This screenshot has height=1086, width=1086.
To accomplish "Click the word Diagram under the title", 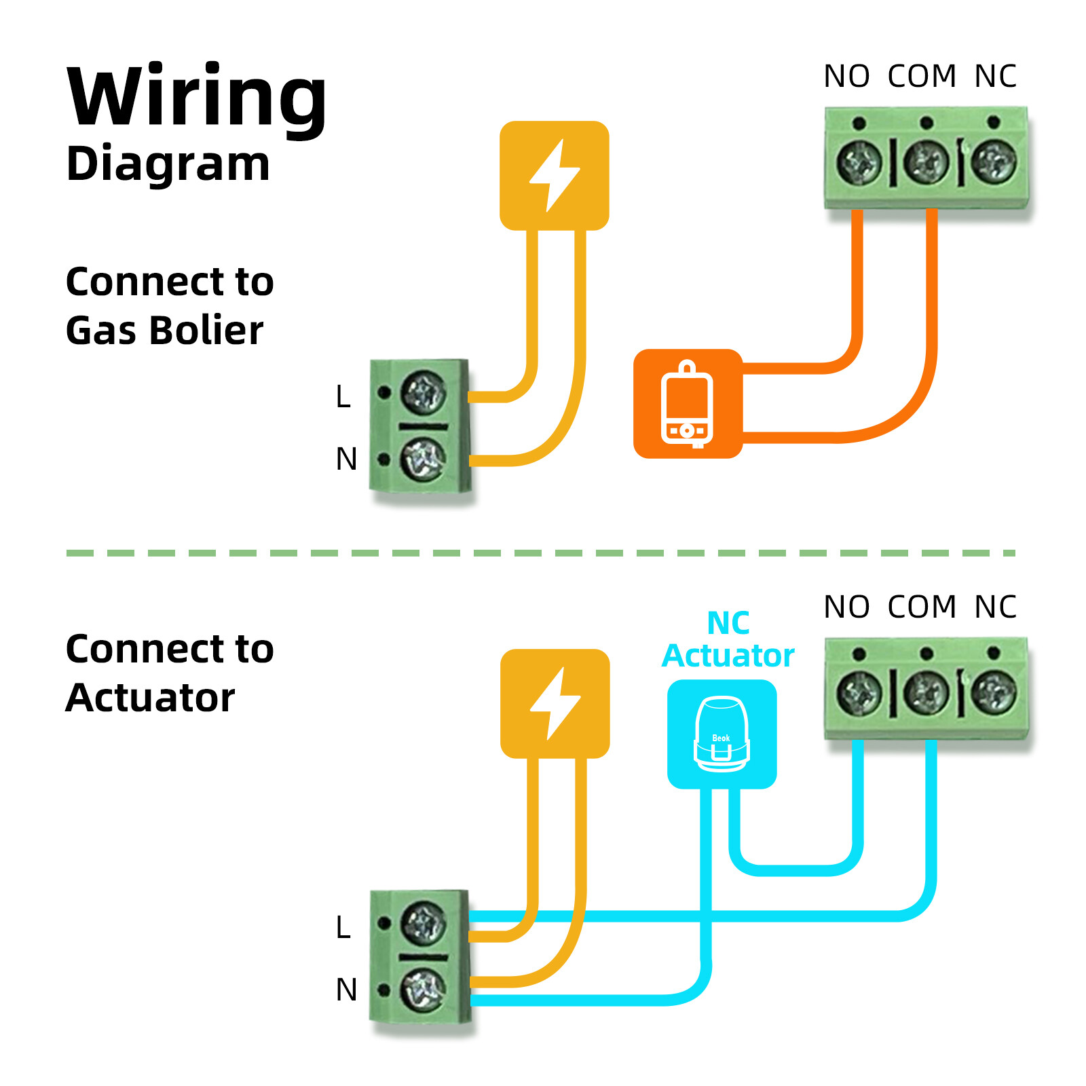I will (168, 164).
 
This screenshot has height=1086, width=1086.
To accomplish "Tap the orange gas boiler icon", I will (688, 404).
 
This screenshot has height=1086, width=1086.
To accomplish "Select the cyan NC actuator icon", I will (722, 734).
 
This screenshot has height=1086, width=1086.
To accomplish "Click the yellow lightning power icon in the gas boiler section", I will (554, 175).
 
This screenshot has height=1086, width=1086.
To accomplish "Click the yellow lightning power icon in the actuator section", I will (555, 703).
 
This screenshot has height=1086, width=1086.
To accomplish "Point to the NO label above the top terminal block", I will (846, 77).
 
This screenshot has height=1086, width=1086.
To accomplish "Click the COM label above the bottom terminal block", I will (922, 607).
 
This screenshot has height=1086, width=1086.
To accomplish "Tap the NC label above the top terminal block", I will (995, 77).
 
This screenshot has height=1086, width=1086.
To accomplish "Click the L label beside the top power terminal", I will (343, 396).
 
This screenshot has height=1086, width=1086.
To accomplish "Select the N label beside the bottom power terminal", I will (346, 990).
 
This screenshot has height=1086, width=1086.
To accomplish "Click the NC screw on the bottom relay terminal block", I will (994, 692).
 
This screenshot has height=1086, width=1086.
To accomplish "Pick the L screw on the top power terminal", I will (424, 393).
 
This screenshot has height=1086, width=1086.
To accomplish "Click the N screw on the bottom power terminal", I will (424, 989).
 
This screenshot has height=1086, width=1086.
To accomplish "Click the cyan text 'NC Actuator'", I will (728, 639).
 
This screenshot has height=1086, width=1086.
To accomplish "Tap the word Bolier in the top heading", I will (206, 331).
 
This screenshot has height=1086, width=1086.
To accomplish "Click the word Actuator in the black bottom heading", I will (150, 698).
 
